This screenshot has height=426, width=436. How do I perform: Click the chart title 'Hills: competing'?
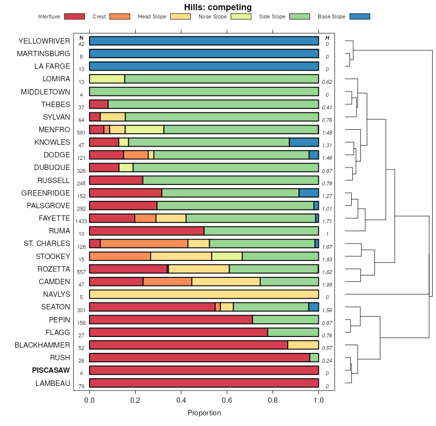coord(218,7)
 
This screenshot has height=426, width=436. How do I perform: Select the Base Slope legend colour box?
coord(359,16)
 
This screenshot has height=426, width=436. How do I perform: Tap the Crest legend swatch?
coord(120,16)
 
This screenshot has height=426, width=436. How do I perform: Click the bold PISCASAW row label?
coord(51,370)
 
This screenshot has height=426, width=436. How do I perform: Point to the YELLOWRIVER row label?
coord(44,41)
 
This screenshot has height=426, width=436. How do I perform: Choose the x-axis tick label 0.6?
coord(227,400)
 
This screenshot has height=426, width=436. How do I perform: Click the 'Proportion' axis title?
coord(204,413)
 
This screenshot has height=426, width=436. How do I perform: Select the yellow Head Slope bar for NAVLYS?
coord(204,294)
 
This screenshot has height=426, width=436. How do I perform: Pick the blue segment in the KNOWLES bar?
coord(304,142)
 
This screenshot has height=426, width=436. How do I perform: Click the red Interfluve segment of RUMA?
coord(147,231)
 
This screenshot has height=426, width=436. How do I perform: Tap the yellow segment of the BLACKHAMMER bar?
coord(303,345)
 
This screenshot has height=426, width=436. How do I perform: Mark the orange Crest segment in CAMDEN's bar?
coord(168,282)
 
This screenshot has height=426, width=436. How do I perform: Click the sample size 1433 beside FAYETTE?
coord(81,221)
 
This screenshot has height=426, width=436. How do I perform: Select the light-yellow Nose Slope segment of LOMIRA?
coord(107,79)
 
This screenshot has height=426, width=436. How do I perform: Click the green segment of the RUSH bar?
coord(314,358)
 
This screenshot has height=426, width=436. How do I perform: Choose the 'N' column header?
coord(81,38)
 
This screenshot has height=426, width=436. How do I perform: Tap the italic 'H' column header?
coord(327,38)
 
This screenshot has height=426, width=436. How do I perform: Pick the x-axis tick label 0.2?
coord(135,400)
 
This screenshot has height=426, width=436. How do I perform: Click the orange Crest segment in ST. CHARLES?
coord(144,243)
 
